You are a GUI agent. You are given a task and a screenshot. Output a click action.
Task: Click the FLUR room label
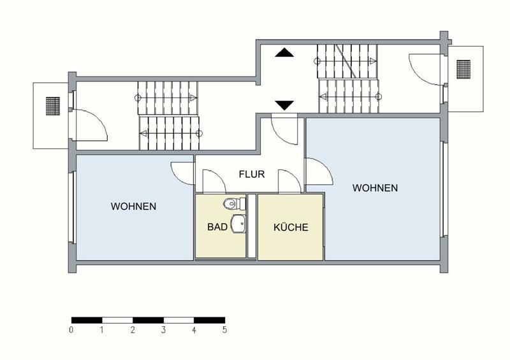point(252,174)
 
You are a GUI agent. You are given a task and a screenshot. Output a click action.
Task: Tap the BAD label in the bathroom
point(217,227)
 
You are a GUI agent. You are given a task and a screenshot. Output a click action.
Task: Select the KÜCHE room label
point(291,227)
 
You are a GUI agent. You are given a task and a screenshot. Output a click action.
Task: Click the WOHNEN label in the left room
point(134,206)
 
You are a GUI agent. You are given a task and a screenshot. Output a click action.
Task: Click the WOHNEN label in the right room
point(375,188)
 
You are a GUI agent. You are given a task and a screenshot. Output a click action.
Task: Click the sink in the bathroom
point(238,224)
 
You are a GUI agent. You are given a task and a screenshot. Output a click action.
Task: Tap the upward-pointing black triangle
point(284,54)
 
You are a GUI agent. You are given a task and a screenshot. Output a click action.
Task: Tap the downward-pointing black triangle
point(284,105)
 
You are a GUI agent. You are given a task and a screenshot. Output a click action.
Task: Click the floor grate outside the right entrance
point(463,68)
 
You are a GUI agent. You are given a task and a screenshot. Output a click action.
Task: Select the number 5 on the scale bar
point(224,330)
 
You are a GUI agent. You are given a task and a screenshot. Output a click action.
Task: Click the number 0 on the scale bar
point(71,330)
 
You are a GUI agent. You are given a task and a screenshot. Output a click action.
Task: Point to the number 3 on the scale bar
point(163,330)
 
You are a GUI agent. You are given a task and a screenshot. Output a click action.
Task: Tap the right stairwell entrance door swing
point(424,68)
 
